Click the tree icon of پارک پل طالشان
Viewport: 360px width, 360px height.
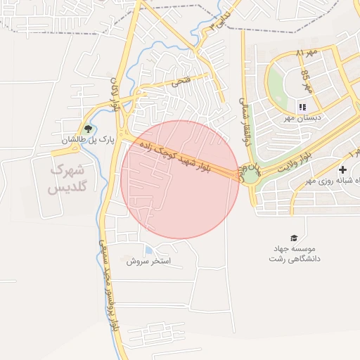tap(88, 129)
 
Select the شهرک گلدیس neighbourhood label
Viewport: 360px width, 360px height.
tap(66, 179)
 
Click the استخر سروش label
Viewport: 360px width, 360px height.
tap(154, 261)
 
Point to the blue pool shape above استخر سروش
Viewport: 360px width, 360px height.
tap(148, 250)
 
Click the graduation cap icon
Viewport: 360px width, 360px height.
tap(293, 238)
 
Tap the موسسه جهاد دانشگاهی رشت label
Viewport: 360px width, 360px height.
tap(293, 254)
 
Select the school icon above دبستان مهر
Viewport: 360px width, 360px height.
tap(302, 107)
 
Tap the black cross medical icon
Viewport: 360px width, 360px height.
tap(342, 169)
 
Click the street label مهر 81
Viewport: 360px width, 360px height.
tap(307, 53)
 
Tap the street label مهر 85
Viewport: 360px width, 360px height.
tap(306, 82)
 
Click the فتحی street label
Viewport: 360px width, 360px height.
tap(181, 82)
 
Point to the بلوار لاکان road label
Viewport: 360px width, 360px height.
tap(114, 96)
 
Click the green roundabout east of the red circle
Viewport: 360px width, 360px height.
tap(250, 173)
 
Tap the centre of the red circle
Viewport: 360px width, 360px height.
tap(181, 179)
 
